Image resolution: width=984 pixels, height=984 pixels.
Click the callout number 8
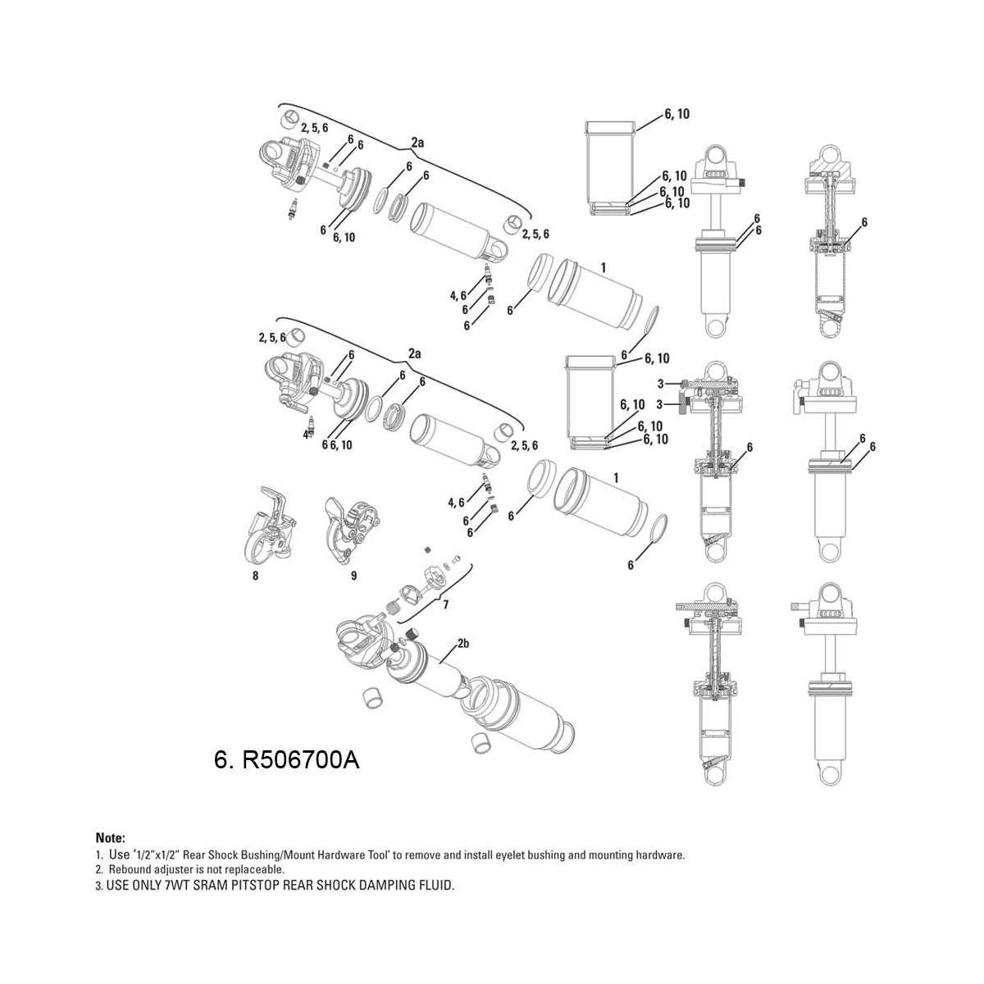256,576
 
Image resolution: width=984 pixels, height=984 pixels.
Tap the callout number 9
353,576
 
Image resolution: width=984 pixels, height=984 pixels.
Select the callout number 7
445,605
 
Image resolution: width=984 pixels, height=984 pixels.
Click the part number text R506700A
300,760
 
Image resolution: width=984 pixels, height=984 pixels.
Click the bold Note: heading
111,839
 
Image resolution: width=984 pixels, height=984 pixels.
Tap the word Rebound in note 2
127,869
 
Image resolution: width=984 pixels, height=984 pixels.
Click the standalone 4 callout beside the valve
306,435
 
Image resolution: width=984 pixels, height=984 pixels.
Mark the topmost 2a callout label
417,143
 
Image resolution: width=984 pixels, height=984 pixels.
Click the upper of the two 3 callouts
660,384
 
